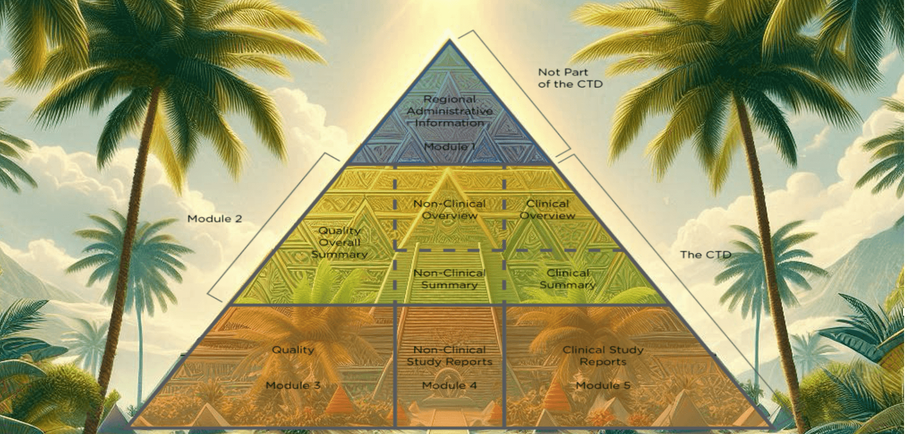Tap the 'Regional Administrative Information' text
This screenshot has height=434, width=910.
click(x=450, y=111)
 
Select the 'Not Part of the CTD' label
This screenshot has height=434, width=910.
click(x=569, y=78)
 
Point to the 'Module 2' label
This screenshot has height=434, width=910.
click(x=214, y=219)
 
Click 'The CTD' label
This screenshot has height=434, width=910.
click(x=706, y=254)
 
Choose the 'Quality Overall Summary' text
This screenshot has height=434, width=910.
click(x=339, y=242)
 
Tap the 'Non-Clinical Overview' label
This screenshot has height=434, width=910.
click(x=450, y=209)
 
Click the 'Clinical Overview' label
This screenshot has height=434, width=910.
click(x=547, y=209)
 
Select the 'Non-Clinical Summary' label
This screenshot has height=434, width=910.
click(x=450, y=279)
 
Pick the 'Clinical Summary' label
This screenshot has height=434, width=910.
click(x=567, y=279)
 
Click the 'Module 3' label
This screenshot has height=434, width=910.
click(x=293, y=385)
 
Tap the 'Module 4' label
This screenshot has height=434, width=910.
click(x=450, y=385)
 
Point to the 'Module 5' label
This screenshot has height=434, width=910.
click(x=603, y=385)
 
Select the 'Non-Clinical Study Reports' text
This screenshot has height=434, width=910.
click(x=450, y=356)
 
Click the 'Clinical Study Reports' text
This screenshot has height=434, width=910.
click(x=603, y=356)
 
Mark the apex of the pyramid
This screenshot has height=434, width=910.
click(x=449, y=40)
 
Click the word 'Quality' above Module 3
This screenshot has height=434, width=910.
click(x=293, y=350)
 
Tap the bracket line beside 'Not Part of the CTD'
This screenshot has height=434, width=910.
click(x=521, y=90)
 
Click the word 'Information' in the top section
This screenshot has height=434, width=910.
click(x=450, y=123)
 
